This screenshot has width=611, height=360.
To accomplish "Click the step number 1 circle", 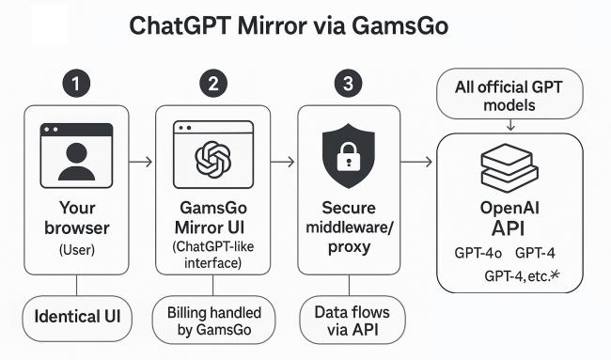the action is (x=76, y=84).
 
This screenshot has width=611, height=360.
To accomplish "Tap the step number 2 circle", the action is (x=213, y=84).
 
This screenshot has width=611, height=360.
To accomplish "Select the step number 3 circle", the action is (x=349, y=84).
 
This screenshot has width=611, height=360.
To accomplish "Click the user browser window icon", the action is (x=76, y=155).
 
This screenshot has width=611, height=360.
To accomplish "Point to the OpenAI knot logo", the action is (x=213, y=160).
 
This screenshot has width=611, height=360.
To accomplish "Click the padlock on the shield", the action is (x=348, y=156).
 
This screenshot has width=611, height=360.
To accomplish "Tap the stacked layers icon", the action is (x=509, y=168).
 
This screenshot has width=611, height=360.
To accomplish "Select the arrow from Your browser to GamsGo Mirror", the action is (x=141, y=162).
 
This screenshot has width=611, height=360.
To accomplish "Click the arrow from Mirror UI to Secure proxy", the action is (x=283, y=162).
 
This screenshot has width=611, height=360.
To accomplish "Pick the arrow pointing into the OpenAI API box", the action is (x=416, y=162).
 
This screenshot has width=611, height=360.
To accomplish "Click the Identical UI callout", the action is (x=77, y=318).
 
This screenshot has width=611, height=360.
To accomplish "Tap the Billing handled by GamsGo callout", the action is (x=213, y=320).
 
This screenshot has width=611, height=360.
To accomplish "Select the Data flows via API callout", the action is (x=352, y=320).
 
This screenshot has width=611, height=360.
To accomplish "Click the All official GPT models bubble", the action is (x=509, y=94).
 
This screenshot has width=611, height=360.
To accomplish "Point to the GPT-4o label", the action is (x=478, y=253).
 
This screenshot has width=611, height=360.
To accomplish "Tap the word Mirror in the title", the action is (x=272, y=26).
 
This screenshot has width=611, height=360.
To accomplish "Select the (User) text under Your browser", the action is (x=77, y=249).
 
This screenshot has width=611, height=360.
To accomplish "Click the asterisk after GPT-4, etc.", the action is (x=555, y=275).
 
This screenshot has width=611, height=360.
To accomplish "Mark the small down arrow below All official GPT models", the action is (x=510, y=125).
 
